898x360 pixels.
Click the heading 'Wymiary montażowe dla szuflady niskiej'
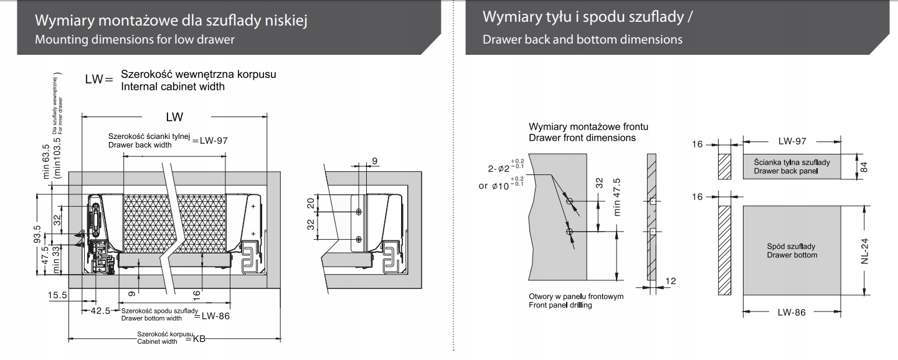172,21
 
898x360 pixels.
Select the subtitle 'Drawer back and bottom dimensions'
582,39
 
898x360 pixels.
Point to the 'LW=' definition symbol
98,80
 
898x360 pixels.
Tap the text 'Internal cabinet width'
173,87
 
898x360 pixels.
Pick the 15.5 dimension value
57,295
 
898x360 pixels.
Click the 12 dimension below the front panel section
670,282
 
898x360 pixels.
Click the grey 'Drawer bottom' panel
792,251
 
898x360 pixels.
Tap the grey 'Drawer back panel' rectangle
792,166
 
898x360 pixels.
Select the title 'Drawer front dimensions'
582,138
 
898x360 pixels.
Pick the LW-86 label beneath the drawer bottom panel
792,312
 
